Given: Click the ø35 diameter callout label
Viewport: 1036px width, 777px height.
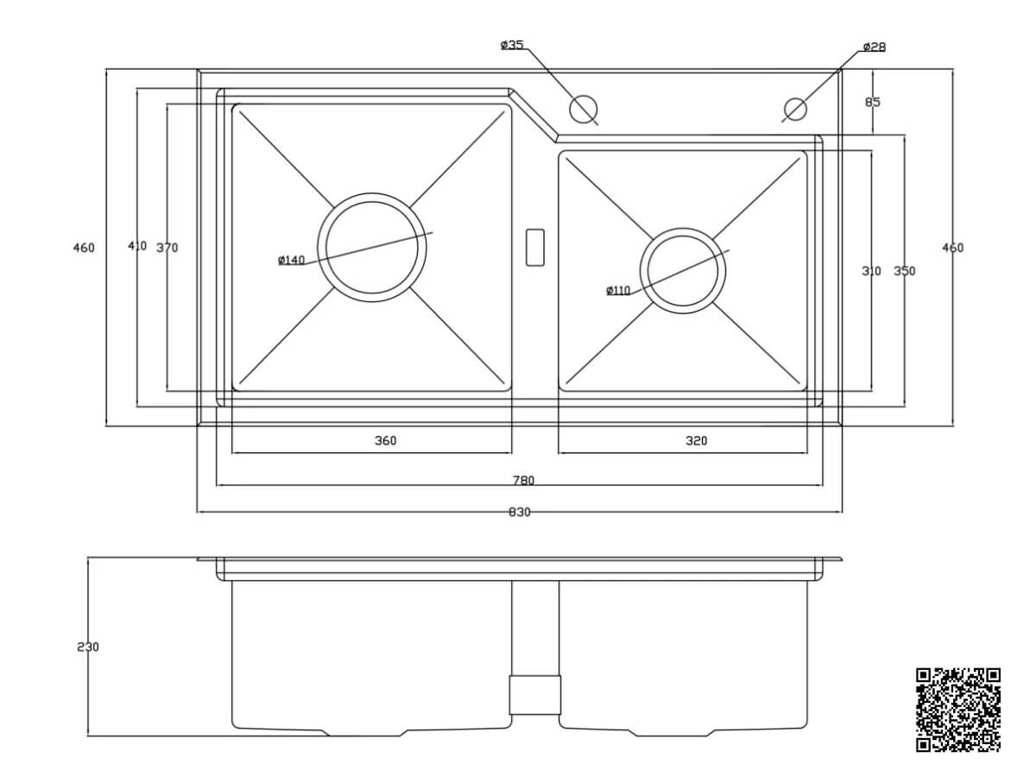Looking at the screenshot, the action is (512, 45).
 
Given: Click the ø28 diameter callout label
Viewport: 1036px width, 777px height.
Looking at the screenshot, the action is (874, 47).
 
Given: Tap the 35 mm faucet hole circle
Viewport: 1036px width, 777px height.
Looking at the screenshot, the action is (583, 109).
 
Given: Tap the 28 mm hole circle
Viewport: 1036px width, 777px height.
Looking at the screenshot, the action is (795, 109).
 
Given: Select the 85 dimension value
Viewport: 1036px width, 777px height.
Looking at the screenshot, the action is (873, 102).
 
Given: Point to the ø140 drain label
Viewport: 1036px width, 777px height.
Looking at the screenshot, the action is (291, 260).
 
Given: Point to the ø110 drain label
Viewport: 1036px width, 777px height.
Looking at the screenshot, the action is (618, 290).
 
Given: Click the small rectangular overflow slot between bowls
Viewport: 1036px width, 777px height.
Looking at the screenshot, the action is (534, 248).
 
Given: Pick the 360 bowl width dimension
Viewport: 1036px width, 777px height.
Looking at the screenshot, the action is (386, 440).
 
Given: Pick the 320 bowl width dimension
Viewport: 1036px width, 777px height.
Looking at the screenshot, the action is (696, 440).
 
